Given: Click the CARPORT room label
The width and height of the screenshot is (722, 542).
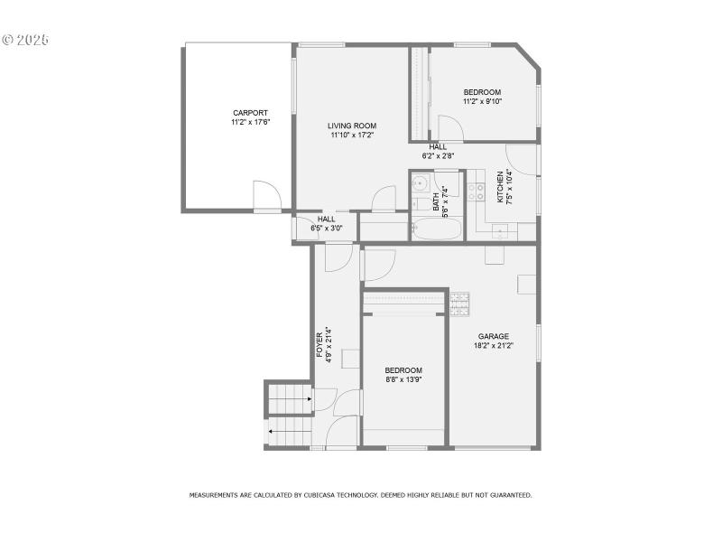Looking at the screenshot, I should coord(250,113).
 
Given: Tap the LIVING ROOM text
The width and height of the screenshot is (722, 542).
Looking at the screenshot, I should coord(351,126).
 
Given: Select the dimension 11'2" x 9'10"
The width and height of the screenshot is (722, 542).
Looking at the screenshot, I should coord(482,102).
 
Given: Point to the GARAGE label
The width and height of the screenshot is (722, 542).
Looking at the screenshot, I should coord(493,336).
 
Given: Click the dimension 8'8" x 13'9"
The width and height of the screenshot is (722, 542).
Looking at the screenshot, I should coord(403,379).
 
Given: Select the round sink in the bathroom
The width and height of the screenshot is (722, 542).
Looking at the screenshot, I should coord(418,184).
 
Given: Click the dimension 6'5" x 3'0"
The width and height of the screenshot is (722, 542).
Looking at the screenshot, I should coord(326,228).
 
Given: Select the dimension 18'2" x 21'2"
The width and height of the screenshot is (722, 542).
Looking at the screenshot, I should coord(493,345).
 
